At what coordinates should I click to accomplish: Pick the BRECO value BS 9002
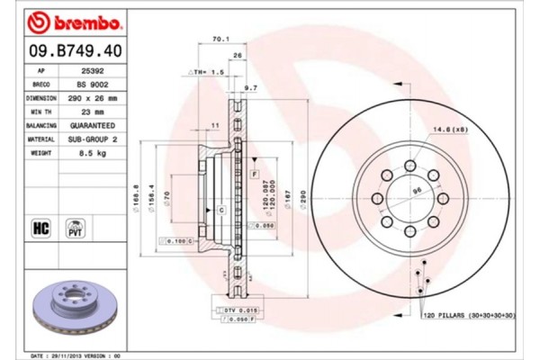coord(93,83)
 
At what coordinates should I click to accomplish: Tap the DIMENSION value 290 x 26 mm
coord(93,97)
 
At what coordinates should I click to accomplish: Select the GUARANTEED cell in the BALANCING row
coord(93,126)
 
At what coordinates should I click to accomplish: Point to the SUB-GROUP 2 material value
coord(93,140)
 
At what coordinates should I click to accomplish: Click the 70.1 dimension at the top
coord(217,40)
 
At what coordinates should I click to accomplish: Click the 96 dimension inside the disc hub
coord(417,191)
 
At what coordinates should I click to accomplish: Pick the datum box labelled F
coord(256,172)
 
